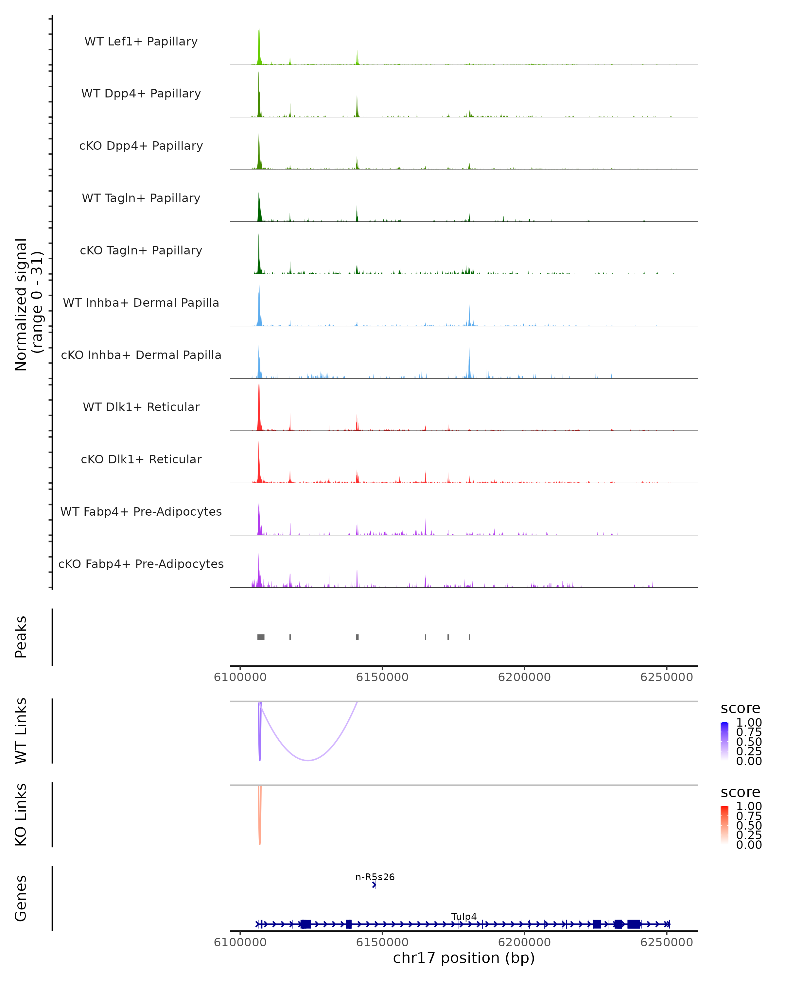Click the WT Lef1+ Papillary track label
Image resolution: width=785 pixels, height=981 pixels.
coord(141,42)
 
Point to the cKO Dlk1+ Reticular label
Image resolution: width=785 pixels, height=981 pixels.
coord(141,459)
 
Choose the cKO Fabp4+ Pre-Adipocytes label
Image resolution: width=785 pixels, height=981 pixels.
coord(141,564)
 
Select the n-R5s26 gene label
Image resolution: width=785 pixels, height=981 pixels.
coord(375,877)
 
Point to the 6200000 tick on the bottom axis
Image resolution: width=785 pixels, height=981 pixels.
coord(524,942)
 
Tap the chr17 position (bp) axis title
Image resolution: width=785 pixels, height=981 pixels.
coord(464,958)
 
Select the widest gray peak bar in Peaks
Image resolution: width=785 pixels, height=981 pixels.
coord(261,637)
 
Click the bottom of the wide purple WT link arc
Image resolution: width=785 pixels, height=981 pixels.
coord(308,760)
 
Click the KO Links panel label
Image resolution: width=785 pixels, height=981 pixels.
coord(21,815)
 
